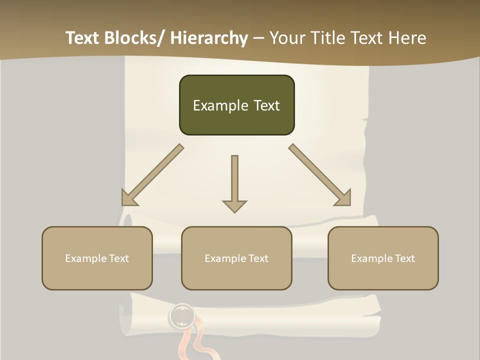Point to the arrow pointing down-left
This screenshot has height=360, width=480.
pyautogui.click(x=152, y=175)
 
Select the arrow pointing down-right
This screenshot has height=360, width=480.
pyautogui.click(x=320, y=175)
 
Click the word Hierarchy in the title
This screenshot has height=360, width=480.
pyautogui.click(x=208, y=38)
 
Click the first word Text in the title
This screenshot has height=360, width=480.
pyautogui.click(x=83, y=38)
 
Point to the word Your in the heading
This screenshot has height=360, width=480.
pyautogui.click(x=287, y=38)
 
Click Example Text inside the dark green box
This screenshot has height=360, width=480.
pyautogui.click(x=236, y=105)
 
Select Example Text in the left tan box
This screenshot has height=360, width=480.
pyautogui.click(x=97, y=258)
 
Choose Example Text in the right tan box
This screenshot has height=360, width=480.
pyautogui.click(x=383, y=258)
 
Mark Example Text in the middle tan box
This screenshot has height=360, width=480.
pyautogui.click(x=236, y=258)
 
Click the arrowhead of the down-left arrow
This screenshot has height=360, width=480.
pyautogui.click(x=128, y=198)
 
